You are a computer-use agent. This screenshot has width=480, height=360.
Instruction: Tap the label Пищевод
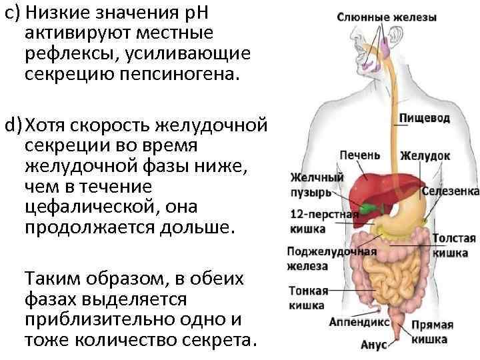pyautogui.click(x=424, y=118)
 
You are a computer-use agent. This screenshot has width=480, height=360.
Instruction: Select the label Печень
pyautogui.click(x=359, y=155)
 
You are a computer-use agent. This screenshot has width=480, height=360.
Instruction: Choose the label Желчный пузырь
pyautogui.click(x=317, y=185)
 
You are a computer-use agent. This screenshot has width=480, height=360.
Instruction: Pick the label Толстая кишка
pyautogui.click(x=454, y=245)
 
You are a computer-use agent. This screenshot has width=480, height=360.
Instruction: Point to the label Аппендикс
pyautogui.click(x=359, y=321)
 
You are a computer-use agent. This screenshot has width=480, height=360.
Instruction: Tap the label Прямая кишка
pyautogui.click(x=432, y=332)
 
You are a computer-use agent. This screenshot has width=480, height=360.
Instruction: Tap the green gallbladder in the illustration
pyautogui.click(x=365, y=208)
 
